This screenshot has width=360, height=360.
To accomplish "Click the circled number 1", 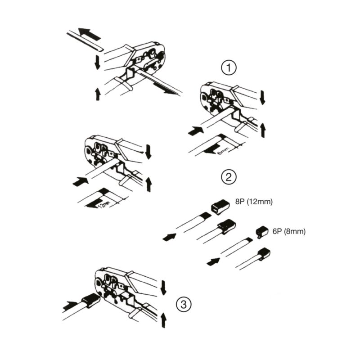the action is click(x=229, y=68).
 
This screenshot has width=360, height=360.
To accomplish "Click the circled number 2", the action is click(x=229, y=177).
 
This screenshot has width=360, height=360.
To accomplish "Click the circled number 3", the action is click(x=184, y=305).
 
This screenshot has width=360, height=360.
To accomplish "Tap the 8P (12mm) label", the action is click(x=254, y=202).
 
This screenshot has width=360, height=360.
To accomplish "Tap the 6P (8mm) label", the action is click(x=289, y=231).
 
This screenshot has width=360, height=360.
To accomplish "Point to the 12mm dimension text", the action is click(x=105, y=204).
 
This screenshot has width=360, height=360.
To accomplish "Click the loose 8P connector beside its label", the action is click(x=220, y=207).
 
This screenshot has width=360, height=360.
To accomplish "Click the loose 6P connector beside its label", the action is click(x=262, y=232).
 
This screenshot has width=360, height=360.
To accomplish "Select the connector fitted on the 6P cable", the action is click(x=264, y=254).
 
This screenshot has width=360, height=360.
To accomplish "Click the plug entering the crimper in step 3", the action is click(x=90, y=301).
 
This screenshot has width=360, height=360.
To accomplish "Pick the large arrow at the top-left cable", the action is click(x=89, y=34).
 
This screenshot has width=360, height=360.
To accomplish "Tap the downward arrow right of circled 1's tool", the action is click(x=262, y=98).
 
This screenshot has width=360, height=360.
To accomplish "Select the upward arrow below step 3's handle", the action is click(x=163, y=320).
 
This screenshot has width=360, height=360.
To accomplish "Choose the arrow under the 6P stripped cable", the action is click(x=213, y=261).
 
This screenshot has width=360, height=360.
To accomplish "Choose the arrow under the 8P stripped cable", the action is click(x=170, y=237).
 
